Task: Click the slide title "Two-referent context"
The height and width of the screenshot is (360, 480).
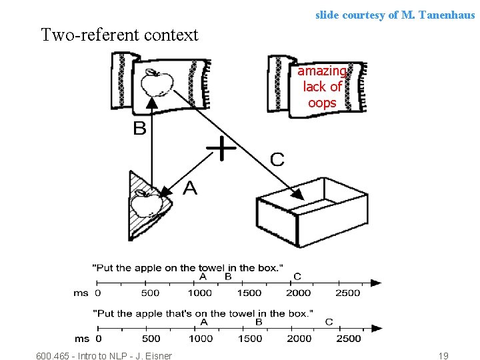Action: [x=119, y=35]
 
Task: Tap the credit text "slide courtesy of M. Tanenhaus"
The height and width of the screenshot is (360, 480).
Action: [x=395, y=14]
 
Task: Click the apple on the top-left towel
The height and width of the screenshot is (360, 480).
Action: [x=157, y=84]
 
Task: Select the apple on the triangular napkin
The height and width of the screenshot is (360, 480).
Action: [x=143, y=203]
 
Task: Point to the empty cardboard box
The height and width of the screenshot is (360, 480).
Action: [x=311, y=213]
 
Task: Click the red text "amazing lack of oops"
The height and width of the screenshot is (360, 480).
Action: [x=322, y=87]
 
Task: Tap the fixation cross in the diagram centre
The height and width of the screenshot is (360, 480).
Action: [x=221, y=148]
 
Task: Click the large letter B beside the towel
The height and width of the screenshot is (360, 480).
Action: [x=139, y=128]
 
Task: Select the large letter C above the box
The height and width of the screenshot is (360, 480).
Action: [x=277, y=159]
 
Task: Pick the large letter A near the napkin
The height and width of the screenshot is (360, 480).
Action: [x=189, y=189]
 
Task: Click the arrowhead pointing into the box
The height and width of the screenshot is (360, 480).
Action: [x=298, y=195]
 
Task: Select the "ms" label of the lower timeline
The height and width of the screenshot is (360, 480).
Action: [x=81, y=338]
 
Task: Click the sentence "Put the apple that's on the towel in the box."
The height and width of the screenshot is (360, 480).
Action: [x=202, y=313]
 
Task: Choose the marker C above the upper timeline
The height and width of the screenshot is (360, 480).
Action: [x=297, y=276]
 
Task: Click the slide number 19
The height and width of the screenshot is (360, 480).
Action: [x=443, y=356]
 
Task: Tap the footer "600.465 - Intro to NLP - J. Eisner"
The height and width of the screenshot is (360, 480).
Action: [x=103, y=356]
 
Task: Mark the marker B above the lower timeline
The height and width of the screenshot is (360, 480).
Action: [x=259, y=321]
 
